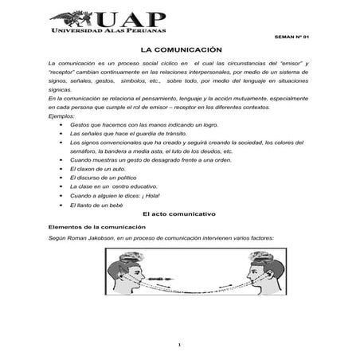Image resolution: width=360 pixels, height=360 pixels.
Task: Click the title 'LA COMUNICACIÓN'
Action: (180, 49)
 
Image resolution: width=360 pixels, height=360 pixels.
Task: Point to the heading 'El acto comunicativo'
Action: (179, 215)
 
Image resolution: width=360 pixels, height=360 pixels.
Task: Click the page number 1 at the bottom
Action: (180, 344)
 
